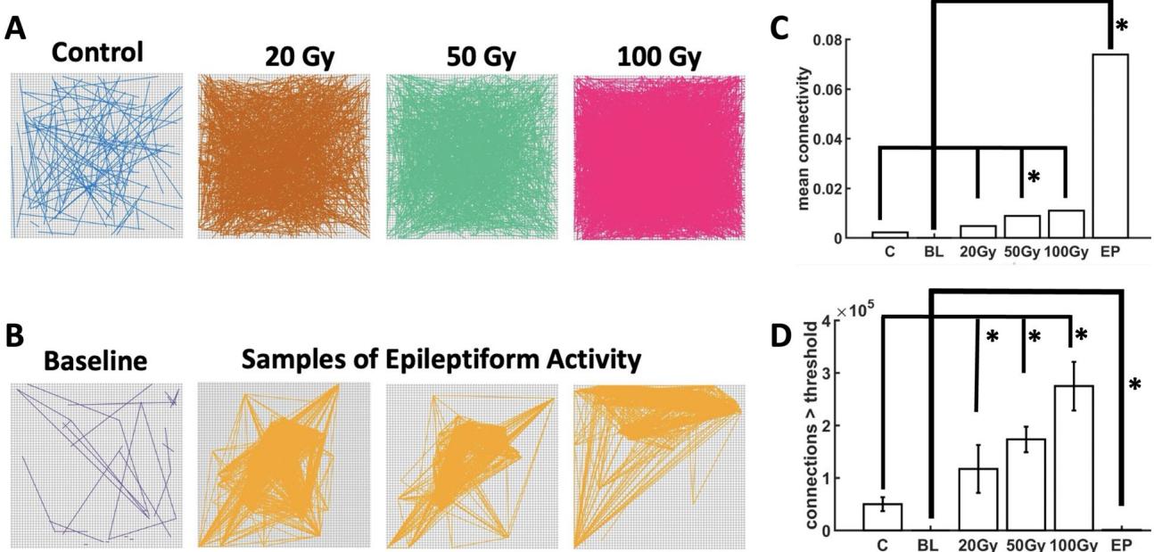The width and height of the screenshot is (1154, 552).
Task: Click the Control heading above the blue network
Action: pos(96,52)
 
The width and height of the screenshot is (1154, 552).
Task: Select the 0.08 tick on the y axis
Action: pos(828,40)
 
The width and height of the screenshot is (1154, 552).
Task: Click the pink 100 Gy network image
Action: pos(658,157)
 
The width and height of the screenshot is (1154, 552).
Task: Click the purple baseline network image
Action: pos(96,465)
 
